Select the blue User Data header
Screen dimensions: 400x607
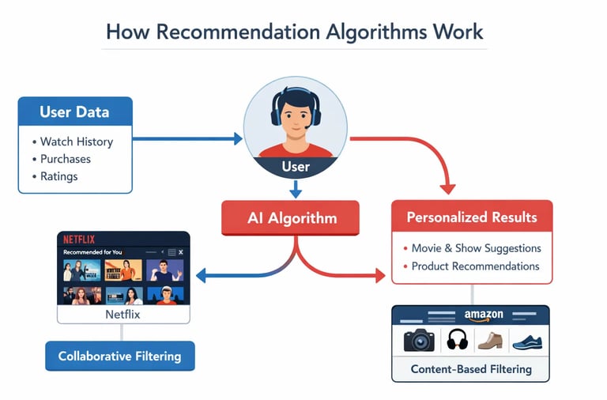[75, 111]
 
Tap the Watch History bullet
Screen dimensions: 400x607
[77, 142]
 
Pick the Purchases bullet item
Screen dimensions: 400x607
[66, 159]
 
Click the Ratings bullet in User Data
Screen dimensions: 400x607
[59, 176]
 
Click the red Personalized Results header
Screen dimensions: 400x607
[472, 217]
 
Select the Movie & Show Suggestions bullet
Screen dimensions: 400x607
[476, 248]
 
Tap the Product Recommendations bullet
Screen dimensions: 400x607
[475, 266]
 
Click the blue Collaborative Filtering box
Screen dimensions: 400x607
[119, 356]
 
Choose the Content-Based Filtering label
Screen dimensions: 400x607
[471, 368]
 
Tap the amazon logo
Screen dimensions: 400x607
[483, 315]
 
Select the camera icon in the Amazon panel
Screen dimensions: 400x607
[419, 340]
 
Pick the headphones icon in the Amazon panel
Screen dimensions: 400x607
[458, 340]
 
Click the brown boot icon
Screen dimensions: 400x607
[490, 340]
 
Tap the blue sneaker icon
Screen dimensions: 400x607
[527, 342]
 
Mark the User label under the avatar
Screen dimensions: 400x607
[296, 167]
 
